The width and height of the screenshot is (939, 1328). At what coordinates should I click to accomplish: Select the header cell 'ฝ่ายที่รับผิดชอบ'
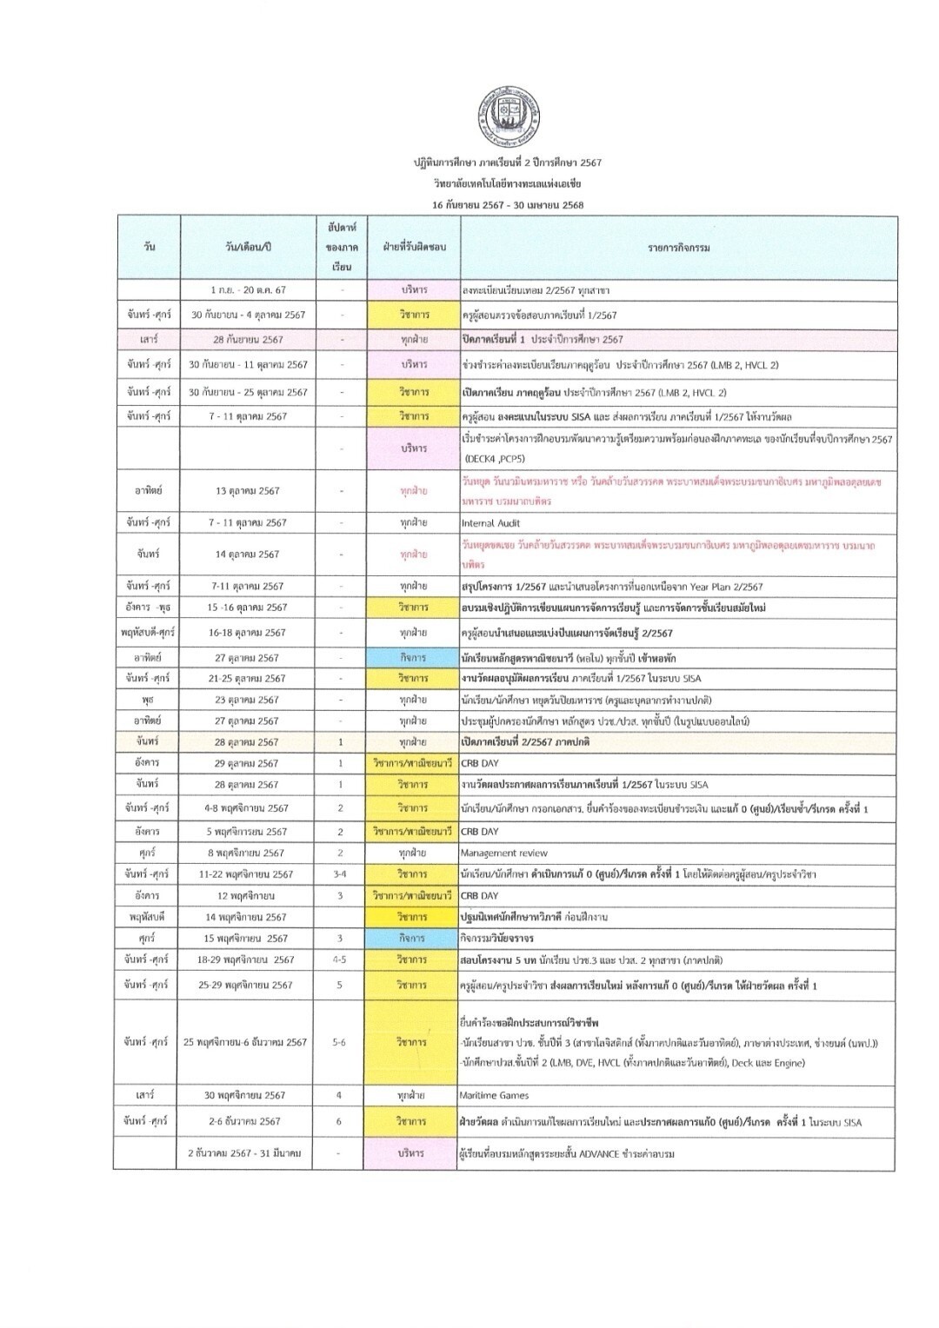411,248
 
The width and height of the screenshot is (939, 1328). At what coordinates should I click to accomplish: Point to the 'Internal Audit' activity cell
490,523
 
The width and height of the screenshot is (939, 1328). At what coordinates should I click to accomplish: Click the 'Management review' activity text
504,853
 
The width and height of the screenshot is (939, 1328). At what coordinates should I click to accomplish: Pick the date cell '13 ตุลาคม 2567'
248,491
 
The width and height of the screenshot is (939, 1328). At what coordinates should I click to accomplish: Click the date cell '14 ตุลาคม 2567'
248,554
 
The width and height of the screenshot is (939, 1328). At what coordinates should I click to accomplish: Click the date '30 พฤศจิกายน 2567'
248,1095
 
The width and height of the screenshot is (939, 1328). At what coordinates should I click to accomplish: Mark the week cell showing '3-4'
340,874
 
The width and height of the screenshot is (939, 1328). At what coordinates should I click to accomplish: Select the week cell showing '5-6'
340,1042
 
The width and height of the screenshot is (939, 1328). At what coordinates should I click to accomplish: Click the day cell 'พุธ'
149,700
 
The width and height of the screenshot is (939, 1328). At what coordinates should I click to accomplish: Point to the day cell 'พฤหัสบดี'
149,917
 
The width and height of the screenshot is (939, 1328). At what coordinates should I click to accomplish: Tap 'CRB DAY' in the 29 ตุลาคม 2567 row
480,763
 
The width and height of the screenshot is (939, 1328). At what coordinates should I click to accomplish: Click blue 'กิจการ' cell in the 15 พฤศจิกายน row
411,939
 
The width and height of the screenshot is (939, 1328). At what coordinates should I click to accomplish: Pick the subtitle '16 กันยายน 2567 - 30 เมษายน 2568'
508,205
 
